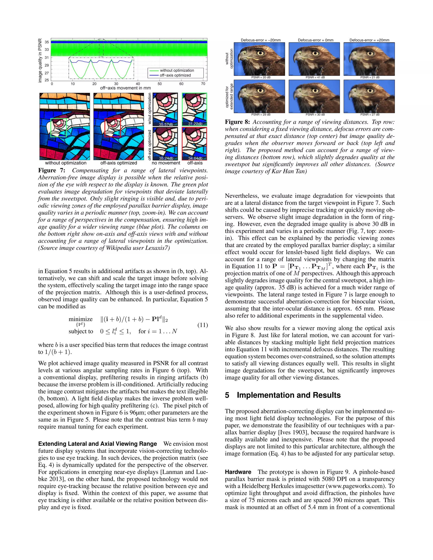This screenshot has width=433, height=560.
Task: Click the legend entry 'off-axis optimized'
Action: tap(175, 75)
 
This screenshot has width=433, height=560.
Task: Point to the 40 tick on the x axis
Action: tap(138, 84)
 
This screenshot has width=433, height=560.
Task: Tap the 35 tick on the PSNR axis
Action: tap(47, 42)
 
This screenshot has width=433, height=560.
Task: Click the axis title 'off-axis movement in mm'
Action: tap(125, 88)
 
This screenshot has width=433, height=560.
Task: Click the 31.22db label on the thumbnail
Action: tap(195, 124)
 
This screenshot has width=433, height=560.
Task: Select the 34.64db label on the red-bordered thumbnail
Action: tap(195, 158)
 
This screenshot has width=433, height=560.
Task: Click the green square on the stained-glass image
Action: tap(59, 127)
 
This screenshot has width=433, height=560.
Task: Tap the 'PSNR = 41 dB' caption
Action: tap(315, 77)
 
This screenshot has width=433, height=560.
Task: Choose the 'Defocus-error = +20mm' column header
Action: tap(369, 40)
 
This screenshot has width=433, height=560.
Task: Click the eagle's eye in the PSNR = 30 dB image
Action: tap(315, 90)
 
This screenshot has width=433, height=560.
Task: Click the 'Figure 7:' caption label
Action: tap(52, 171)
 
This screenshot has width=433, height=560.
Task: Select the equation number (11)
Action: tap(202, 325)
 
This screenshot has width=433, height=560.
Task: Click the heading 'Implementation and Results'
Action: tap(289, 395)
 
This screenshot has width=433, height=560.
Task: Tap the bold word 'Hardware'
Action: tap(238, 472)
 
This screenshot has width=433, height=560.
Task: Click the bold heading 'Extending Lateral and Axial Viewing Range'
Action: tap(97, 444)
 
